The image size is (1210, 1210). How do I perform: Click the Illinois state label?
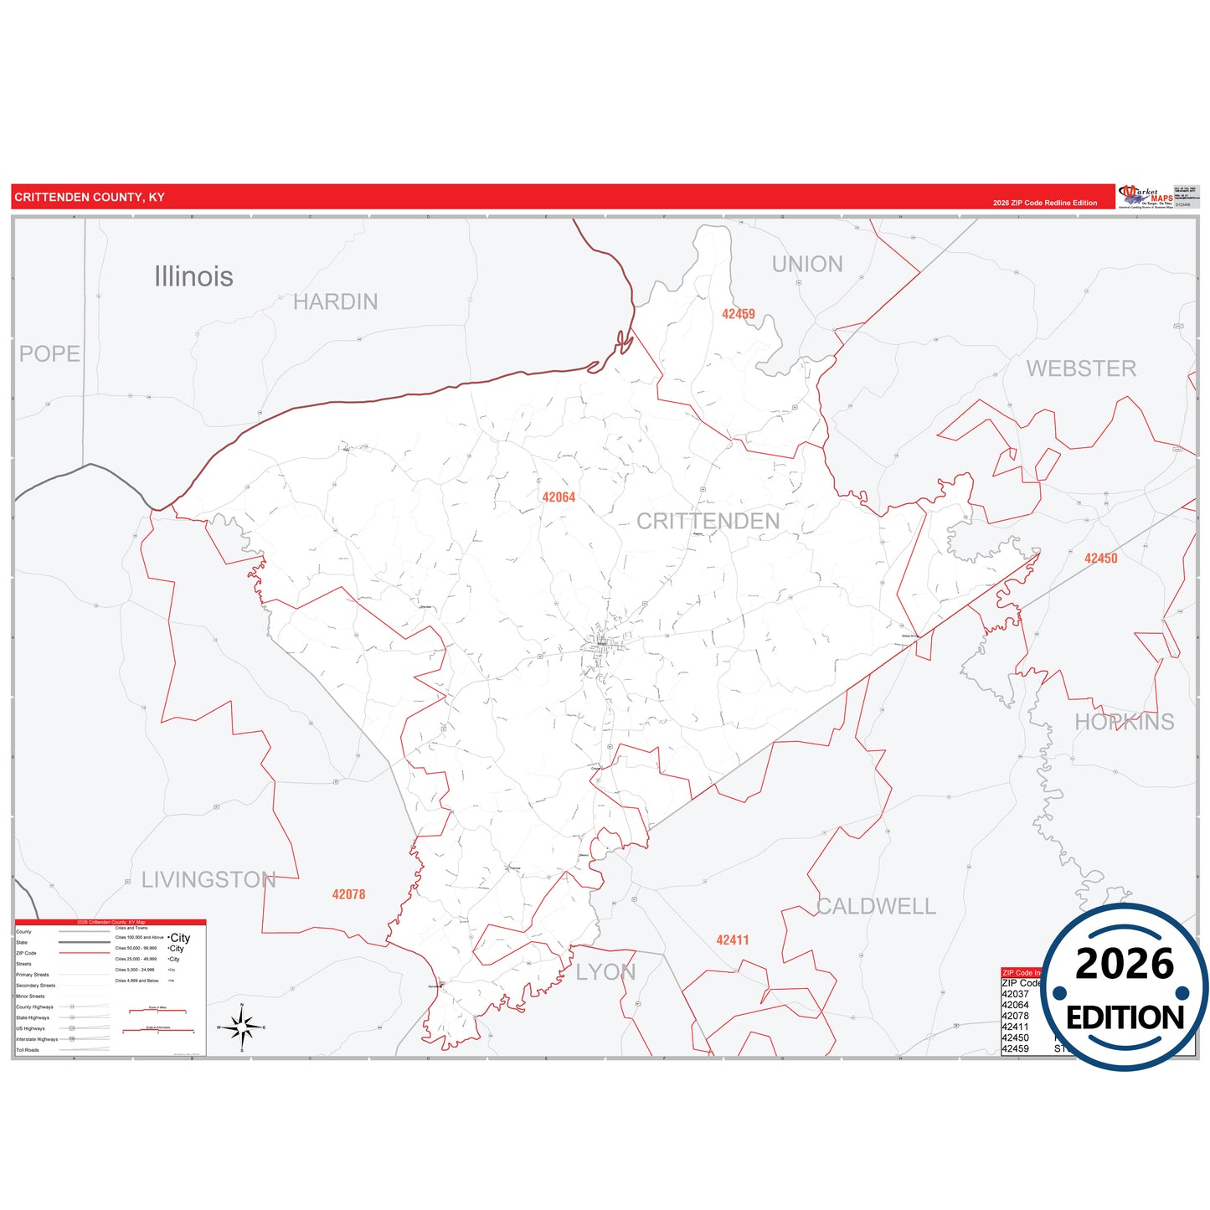coord(193,276)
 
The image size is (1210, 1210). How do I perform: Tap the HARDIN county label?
coord(335,301)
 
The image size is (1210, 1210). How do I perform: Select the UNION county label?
coord(807,264)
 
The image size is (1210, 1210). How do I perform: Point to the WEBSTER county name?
coord(1081,368)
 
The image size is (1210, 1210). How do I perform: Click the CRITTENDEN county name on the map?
coord(708,521)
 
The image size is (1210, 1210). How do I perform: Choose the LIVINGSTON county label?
coord(209,879)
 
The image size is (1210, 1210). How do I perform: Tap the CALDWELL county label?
coord(876,906)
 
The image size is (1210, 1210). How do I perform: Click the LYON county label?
coord(605,972)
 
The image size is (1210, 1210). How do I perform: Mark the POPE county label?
coord(49,353)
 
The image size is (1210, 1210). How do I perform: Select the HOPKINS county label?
coord(1124,722)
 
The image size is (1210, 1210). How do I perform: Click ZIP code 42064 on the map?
coord(559,497)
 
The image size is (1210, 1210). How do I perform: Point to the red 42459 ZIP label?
coord(738,314)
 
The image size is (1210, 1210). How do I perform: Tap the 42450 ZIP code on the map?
coord(1100,559)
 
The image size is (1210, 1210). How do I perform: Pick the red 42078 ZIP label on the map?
coord(348,894)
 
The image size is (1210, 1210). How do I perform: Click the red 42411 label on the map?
coord(732,940)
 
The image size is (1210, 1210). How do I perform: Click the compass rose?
coord(242,1027)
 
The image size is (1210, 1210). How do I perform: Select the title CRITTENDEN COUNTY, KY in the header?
coord(90,198)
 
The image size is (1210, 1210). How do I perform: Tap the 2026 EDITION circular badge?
coord(1124,988)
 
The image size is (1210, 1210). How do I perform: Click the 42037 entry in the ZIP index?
coord(1015,994)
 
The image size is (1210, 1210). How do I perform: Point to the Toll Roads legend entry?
coord(28,1050)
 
